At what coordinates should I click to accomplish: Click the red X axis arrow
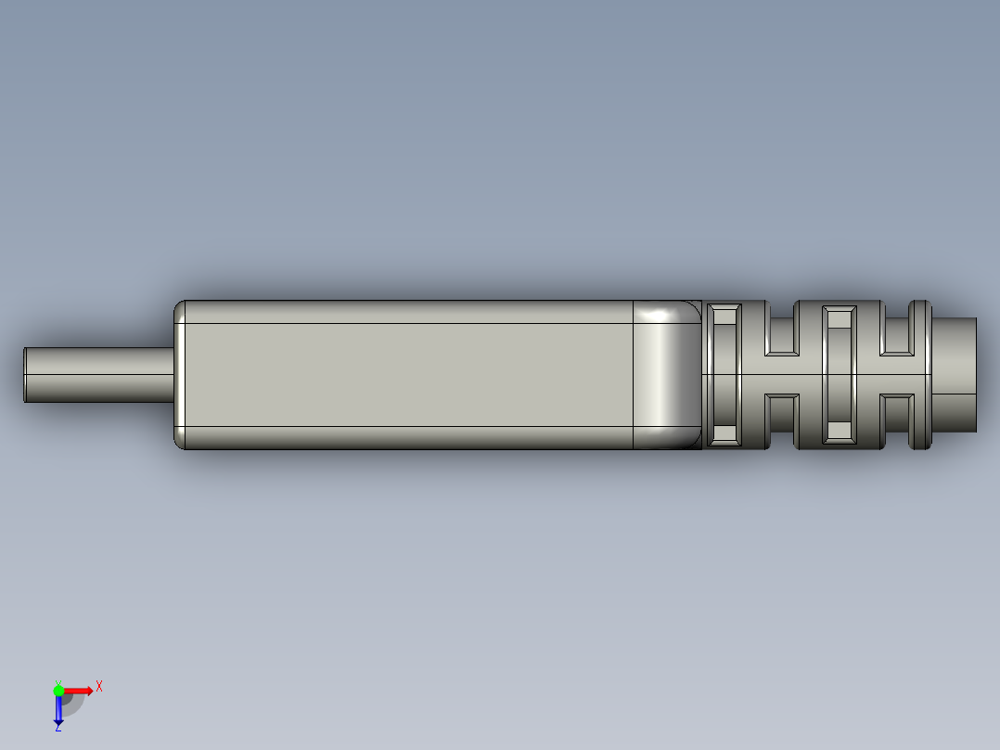pyautogui.click(x=78, y=690)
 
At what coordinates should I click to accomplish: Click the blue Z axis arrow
pyautogui.click(x=58, y=710)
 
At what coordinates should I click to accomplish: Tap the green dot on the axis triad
pyautogui.click(x=58, y=690)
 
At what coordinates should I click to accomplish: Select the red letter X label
pyautogui.click(x=98, y=687)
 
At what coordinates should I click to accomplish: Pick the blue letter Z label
pyautogui.click(x=58, y=729)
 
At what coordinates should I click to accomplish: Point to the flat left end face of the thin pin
pyautogui.click(x=25, y=375)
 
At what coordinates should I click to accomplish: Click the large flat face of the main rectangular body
pyautogui.click(x=408, y=375)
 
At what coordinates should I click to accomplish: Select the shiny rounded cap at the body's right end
pyautogui.click(x=666, y=375)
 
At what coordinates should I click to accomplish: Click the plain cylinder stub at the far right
pyautogui.click(x=955, y=375)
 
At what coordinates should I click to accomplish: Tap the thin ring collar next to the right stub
pyautogui.click(x=919, y=375)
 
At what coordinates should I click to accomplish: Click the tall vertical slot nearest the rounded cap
pyautogui.click(x=724, y=375)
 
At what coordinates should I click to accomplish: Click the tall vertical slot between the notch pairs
pyautogui.click(x=839, y=375)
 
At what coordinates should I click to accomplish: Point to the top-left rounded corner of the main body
pyautogui.click(x=181, y=307)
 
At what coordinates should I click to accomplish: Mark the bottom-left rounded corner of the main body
pyautogui.click(x=181, y=443)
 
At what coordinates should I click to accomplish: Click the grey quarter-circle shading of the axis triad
pyautogui.click(x=72, y=705)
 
